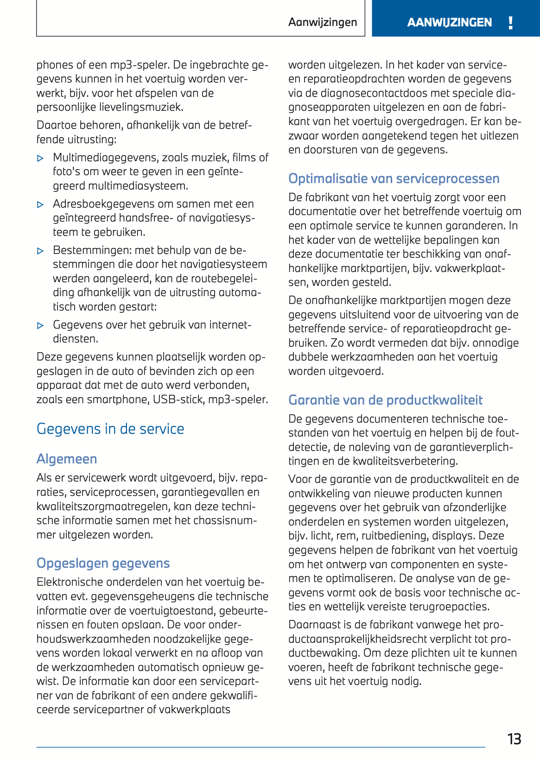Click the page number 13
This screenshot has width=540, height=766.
pos(514,739)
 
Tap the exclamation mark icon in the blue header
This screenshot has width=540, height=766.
pos(510,23)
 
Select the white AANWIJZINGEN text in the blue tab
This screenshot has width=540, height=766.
pos(449,23)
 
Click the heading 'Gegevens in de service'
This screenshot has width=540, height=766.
pos(110,429)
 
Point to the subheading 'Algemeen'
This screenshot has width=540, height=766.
pos(67,459)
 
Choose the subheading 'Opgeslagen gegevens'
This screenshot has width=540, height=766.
pos(103,563)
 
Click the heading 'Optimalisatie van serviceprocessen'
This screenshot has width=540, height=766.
pos(394,178)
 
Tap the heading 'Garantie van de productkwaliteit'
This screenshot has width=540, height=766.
pos(385,400)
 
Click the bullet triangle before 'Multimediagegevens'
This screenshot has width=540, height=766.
pos(40,158)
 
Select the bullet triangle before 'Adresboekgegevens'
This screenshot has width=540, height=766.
pos(40,205)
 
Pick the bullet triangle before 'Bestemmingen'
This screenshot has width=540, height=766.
pos(40,251)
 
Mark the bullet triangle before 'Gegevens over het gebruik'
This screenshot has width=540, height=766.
pos(40,326)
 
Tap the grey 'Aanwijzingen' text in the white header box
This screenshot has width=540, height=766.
pos(323,22)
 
